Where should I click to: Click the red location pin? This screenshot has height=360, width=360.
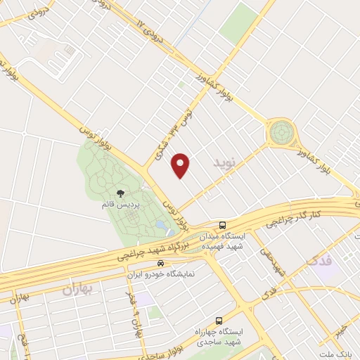pyautogui.click(x=181, y=165)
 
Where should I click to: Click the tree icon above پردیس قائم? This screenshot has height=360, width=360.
pyautogui.click(x=121, y=193)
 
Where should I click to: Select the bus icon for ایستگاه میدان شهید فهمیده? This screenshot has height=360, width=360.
pyautogui.click(x=222, y=225)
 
